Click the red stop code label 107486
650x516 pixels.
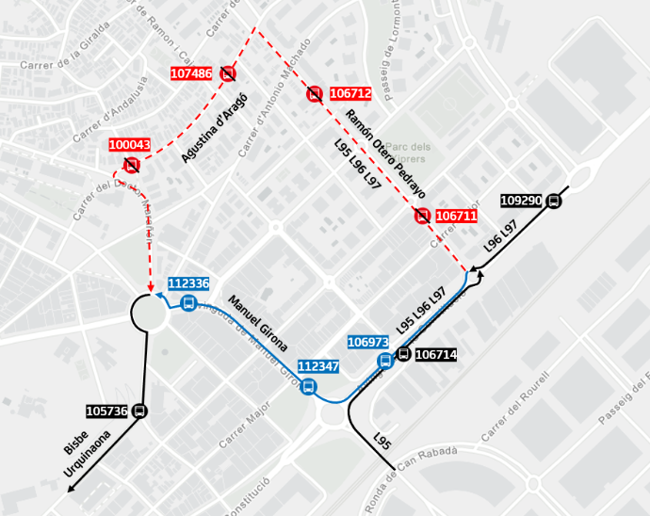[x=191, y=73]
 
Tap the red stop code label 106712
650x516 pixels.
[x=350, y=93]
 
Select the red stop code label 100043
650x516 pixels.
[x=129, y=145]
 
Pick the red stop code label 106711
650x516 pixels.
[x=457, y=217]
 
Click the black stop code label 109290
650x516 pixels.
[x=521, y=201]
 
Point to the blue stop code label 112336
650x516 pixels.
[x=188, y=283]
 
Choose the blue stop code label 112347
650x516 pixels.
[x=317, y=365]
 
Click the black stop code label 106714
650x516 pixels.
[x=435, y=355]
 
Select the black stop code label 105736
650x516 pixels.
[x=106, y=411]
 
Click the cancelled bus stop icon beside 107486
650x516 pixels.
[x=228, y=73]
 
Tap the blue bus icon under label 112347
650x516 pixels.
[x=309, y=385]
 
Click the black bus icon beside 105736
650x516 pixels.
[x=140, y=411]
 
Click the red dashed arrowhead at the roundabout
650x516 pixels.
[x=149, y=286]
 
